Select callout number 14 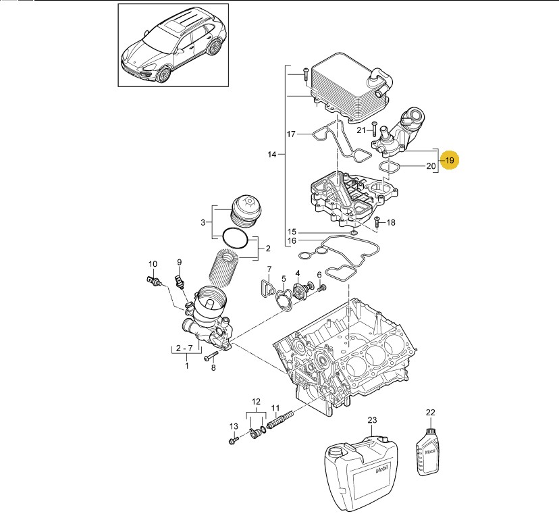click(x=272, y=155)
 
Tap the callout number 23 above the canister click(x=371, y=420)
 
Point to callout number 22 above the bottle click(x=431, y=412)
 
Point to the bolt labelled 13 click(x=234, y=440)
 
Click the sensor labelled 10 click(x=154, y=280)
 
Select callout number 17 click(x=291, y=134)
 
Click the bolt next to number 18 click(x=377, y=221)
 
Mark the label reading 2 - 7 click(x=184, y=348)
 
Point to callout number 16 click(x=292, y=240)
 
